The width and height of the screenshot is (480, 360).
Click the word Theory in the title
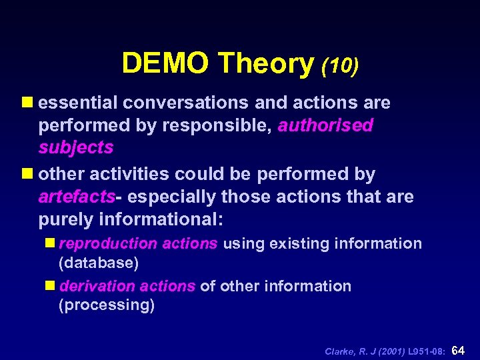pyautogui.click(x=265, y=63)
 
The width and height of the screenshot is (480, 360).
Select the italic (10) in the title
pyautogui.click(x=340, y=65)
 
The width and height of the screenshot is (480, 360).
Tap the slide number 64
pyautogui.click(x=459, y=349)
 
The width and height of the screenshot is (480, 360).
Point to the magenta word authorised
pyautogui.click(x=325, y=125)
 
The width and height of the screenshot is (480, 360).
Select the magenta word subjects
pyautogui.click(x=76, y=147)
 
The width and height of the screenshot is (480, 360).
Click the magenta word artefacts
pyautogui.click(x=77, y=197)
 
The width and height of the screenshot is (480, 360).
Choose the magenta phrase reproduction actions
pyautogui.click(x=139, y=243)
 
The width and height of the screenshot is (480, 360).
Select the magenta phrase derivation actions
pyautogui.click(x=127, y=286)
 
